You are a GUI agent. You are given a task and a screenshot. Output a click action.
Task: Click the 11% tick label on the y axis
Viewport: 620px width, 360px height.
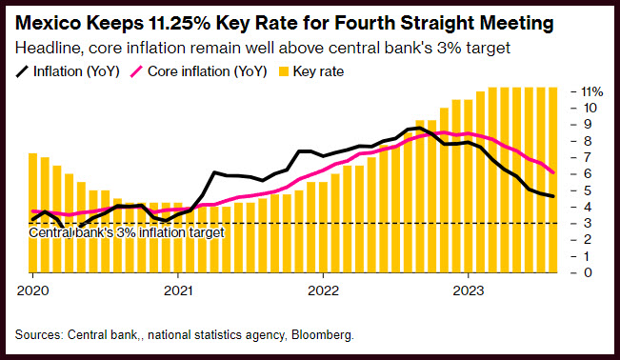coord(592,91)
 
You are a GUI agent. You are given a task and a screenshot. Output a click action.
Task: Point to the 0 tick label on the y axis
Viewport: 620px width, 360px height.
coord(588,272)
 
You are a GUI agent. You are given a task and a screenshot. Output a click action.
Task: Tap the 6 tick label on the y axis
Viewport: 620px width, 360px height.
coord(588,173)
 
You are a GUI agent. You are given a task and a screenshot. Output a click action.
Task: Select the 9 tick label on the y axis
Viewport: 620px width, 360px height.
coord(588,124)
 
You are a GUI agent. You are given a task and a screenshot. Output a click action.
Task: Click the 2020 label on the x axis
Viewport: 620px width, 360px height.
coord(32,290)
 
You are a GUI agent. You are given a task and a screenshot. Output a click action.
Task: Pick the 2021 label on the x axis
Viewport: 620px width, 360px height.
coord(178,290)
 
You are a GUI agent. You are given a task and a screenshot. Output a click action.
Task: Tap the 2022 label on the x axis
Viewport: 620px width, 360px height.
coord(324,290)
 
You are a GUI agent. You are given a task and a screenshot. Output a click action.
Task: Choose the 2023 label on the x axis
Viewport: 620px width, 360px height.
coord(469,290)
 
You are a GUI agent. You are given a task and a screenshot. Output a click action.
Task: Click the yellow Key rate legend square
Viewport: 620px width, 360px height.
coord(284,71)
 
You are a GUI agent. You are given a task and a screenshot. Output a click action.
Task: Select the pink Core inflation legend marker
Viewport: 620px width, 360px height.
coord(136,71)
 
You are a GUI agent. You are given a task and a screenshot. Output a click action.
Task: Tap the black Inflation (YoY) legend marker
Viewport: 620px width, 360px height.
coord(22,71)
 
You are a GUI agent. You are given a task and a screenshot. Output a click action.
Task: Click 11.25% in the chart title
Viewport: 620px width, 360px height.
coord(179,23)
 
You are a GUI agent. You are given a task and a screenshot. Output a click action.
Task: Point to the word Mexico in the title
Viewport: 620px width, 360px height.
coord(49,23)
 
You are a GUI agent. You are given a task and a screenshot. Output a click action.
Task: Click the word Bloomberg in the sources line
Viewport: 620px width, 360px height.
coord(323,335)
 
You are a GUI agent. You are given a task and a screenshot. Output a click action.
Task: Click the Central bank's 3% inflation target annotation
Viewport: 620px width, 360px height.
coord(127,232)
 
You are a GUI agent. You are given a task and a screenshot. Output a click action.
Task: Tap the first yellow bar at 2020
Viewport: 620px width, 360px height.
coord(32,212)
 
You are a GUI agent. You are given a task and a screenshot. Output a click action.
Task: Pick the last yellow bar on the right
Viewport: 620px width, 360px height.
coord(552,180)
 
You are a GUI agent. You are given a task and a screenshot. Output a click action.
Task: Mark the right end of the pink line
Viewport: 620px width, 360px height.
coord(552,172)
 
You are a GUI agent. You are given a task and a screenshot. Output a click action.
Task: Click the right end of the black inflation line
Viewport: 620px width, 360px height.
coord(552,196)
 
